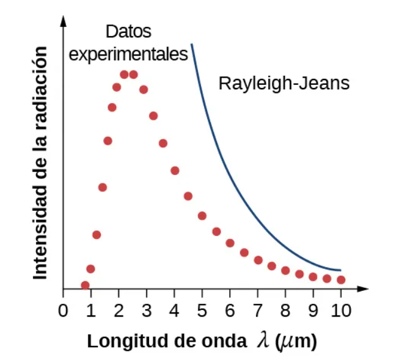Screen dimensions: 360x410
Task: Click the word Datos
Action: click(x=128, y=32)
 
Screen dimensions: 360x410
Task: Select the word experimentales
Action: click(x=128, y=54)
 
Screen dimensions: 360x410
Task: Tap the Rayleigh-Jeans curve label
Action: click(x=284, y=83)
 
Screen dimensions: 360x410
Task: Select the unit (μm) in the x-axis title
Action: click(x=296, y=341)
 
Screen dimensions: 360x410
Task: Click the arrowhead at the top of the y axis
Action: click(x=63, y=20)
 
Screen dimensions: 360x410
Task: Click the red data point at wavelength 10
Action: click(x=341, y=279)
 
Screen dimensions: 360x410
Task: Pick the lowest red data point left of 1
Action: click(x=85, y=285)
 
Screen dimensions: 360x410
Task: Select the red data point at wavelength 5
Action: click(x=202, y=216)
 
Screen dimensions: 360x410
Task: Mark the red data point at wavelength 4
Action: click(x=175, y=171)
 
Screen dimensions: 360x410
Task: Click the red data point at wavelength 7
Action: click(x=258, y=260)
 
